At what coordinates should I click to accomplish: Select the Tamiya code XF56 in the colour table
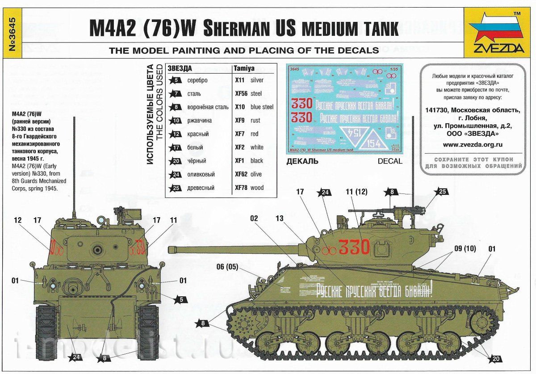pyautogui.click(x=241, y=94)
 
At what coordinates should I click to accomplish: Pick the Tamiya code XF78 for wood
pyautogui.click(x=241, y=188)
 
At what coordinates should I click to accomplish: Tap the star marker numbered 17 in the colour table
pyautogui.click(x=176, y=147)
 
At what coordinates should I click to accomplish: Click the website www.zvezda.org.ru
pyautogui.click(x=473, y=144)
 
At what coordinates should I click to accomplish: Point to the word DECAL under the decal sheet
pyautogui.click(x=389, y=161)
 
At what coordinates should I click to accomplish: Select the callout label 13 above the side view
pyautogui.click(x=280, y=219)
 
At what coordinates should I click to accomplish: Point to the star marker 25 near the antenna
pyautogui.click(x=442, y=192)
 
